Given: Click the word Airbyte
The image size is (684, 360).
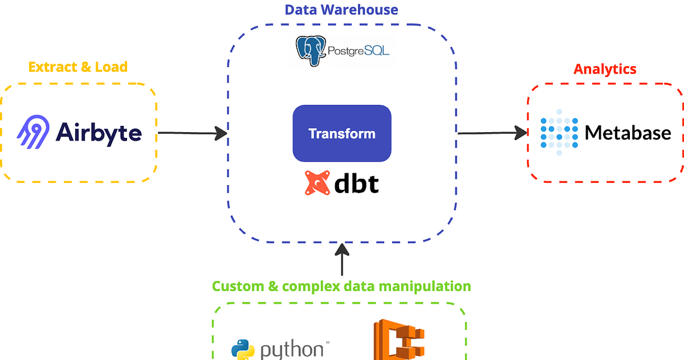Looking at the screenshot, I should coord(99,133).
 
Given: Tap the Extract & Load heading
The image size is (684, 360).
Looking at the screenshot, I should coord(78,67).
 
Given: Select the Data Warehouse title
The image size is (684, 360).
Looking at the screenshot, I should coord(341,10).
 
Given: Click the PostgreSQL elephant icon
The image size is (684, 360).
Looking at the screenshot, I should coord(311,51).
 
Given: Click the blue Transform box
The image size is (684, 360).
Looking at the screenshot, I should coord(342,133).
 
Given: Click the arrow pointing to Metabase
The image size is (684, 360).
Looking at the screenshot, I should coord(492,133).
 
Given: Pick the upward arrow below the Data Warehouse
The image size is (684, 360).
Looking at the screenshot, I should coord(342,260).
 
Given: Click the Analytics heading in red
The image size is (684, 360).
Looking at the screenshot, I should coord(605,69).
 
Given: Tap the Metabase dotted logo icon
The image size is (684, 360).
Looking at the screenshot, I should coord(559,133).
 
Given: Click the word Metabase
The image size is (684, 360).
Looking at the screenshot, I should coord(628,133).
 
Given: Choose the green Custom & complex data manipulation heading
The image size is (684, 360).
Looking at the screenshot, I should coord(341,286).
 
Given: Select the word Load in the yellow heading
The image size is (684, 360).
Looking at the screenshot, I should coord(111,67).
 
